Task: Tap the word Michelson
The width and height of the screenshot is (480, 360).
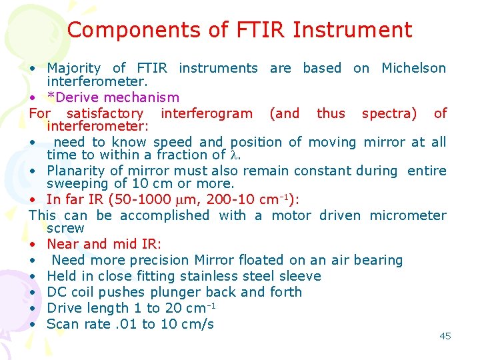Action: [413, 68]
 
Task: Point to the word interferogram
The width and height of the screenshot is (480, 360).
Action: [207, 113]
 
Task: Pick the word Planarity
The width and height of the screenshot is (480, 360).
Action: [79, 171]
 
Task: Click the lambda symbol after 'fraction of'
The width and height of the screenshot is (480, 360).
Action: [233, 155]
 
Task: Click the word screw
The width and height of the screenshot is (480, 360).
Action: [65, 228]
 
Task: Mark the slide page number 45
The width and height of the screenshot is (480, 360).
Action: [445, 336]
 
